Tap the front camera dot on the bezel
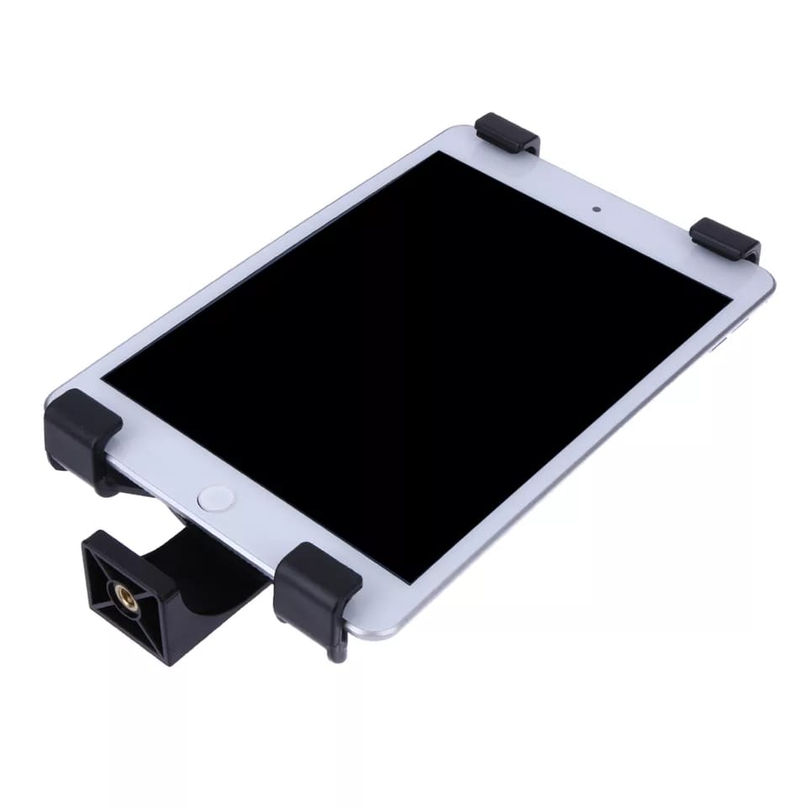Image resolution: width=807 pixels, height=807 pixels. (596, 208)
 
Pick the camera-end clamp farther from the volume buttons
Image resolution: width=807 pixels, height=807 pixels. (507, 134)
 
